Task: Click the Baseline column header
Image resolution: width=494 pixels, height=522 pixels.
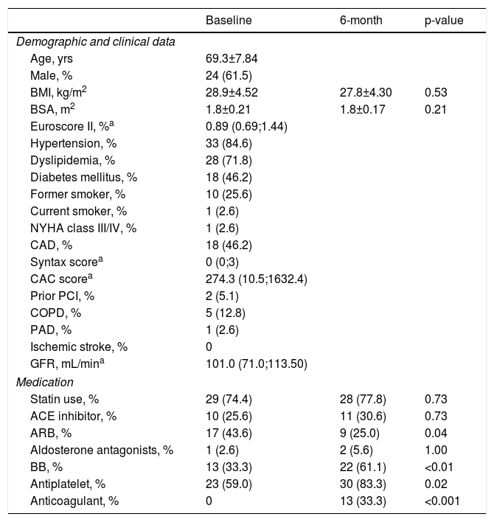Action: click(x=229, y=21)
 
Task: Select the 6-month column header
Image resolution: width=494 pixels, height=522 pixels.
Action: click(x=361, y=21)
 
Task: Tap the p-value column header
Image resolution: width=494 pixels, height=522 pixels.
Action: click(x=444, y=21)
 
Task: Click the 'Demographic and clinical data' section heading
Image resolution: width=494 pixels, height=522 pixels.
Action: click(x=95, y=41)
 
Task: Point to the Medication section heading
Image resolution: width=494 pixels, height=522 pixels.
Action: click(x=45, y=383)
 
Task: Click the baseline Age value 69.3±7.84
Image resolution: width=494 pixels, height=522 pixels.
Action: click(x=232, y=58)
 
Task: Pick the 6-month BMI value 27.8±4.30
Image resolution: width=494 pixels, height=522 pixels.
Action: click(x=365, y=92)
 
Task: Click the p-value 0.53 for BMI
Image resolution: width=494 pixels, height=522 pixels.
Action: click(x=436, y=92)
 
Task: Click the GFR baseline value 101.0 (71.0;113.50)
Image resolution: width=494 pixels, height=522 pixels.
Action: click(x=256, y=365)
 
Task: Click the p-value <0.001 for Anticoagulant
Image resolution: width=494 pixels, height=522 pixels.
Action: click(x=441, y=502)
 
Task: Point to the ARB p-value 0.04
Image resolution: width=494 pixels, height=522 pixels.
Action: click(x=436, y=434)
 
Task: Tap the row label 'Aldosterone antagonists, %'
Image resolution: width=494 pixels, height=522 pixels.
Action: click(x=102, y=450)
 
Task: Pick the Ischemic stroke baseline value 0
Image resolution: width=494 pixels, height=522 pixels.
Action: click(x=209, y=348)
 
